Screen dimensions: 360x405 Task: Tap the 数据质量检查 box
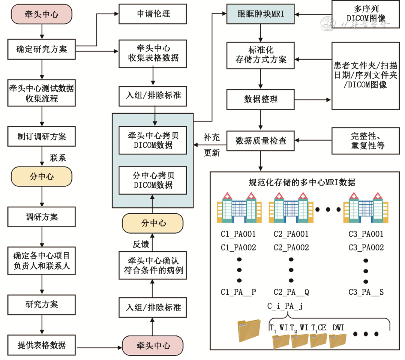[x=261, y=141]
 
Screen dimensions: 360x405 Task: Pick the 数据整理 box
[x=261, y=99]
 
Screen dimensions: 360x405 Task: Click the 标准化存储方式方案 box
[x=261, y=55]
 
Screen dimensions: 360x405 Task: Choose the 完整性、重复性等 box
[x=365, y=141]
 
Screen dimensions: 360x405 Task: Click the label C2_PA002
[x=291, y=248]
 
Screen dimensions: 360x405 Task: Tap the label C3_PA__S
[x=366, y=292]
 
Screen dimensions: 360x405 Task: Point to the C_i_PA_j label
[x=285, y=306]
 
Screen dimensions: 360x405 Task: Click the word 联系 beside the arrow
[x=58, y=158]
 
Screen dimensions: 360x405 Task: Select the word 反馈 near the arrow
[x=141, y=244]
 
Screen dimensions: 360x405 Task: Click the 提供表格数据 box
[x=42, y=345]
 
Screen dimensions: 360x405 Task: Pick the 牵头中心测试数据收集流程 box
[x=42, y=93]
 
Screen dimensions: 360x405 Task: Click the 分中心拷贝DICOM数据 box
[x=153, y=180]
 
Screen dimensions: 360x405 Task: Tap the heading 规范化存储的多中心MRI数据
[x=302, y=183]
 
